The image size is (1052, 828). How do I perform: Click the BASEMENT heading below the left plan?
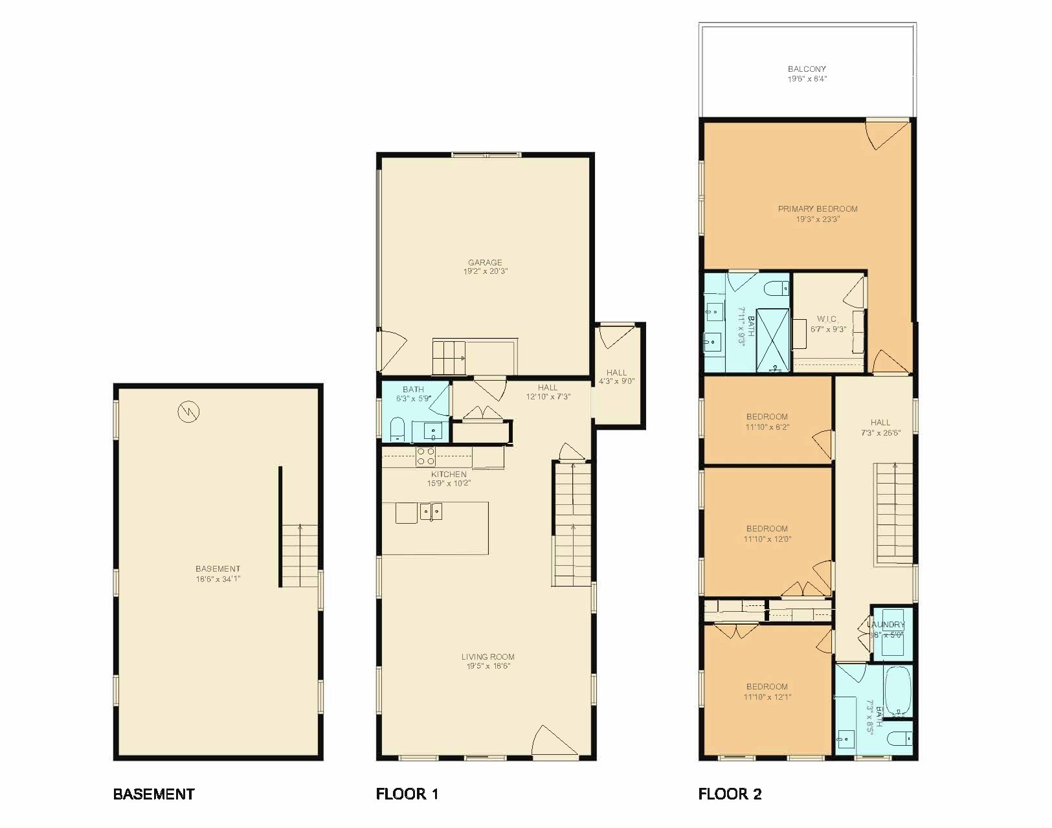pyautogui.click(x=153, y=794)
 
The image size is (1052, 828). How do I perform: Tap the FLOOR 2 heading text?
pyautogui.click(x=730, y=794)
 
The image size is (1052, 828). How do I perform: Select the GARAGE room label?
pyautogui.click(x=485, y=262)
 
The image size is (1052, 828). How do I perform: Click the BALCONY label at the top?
pyautogui.click(x=807, y=69)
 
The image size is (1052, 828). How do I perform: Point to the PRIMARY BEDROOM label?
pyautogui.click(x=818, y=209)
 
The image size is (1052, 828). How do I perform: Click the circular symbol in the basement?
pyautogui.click(x=189, y=410)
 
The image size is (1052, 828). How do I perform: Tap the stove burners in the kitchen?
pyautogui.click(x=425, y=456)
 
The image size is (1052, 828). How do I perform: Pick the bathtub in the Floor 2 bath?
pyautogui.click(x=897, y=691)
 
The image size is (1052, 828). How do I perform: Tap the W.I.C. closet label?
pyautogui.click(x=827, y=319)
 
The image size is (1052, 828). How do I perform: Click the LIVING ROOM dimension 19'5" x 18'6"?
pyautogui.click(x=488, y=666)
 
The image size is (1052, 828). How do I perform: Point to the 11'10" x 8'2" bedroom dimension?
pyautogui.click(x=767, y=427)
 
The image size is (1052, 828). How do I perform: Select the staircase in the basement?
pyautogui.click(x=300, y=555)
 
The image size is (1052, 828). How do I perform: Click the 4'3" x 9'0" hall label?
pyautogui.click(x=616, y=381)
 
